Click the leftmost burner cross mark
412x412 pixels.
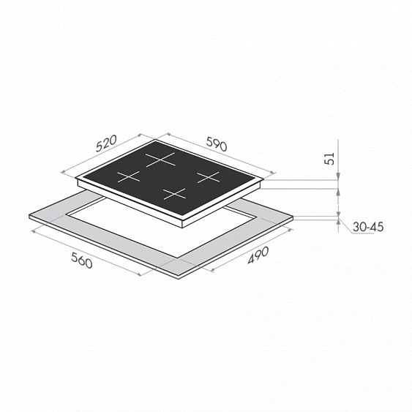[x=129, y=176]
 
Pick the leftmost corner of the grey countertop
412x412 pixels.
[x=28, y=217]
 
